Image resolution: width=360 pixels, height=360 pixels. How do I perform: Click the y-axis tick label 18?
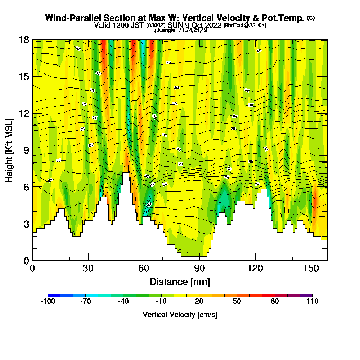[x=24, y=40]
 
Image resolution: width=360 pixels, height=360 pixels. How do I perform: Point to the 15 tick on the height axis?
[x=24, y=77]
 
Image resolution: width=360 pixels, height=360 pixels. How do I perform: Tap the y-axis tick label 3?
[x=26, y=224]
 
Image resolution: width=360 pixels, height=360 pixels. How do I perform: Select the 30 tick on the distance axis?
[x=88, y=269]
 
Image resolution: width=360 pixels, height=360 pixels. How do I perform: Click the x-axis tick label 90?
[x=199, y=269]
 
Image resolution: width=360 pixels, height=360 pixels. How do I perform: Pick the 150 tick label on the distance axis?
[x=311, y=269]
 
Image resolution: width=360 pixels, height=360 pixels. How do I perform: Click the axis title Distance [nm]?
[x=180, y=282]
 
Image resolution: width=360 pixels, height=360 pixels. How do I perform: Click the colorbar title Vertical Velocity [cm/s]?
[x=180, y=315]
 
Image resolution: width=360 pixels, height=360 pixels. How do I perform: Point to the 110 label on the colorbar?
[x=312, y=302]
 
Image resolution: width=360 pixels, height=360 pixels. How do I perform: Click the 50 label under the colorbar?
[x=237, y=302]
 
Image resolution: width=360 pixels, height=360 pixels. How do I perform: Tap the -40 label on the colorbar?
[x=123, y=302]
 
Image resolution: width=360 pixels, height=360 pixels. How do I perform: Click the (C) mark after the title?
[x=311, y=18]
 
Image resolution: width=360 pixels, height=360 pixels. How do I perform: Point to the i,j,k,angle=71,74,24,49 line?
[x=180, y=30]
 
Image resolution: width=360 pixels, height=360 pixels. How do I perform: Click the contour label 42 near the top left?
[x=78, y=49]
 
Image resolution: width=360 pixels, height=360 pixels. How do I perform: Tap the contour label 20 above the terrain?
[x=149, y=204]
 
